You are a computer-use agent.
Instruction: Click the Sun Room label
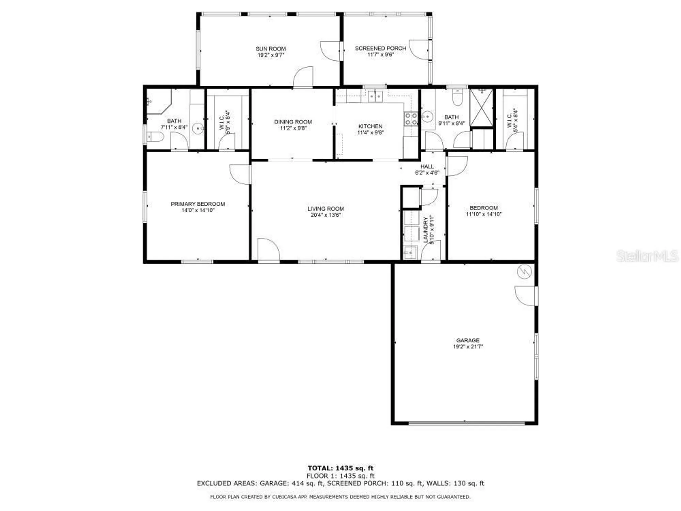point(271,49)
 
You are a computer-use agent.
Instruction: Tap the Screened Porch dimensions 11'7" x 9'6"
point(380,55)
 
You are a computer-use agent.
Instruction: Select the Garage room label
point(468,340)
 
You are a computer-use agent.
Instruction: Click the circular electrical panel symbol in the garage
point(524,272)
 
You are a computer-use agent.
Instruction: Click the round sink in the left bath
point(198,128)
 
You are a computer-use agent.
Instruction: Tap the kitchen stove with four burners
point(411,119)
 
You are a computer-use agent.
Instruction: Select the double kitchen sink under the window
point(375,96)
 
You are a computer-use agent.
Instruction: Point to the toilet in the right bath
point(457,98)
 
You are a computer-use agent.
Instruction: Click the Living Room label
point(326,208)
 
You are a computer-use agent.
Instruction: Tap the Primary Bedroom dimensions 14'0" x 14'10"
point(197,210)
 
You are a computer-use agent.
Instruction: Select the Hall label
point(427,166)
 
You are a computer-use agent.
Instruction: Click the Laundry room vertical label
point(426,230)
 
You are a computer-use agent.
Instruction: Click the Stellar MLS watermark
point(647,256)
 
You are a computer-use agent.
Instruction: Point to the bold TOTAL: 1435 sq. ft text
point(340,468)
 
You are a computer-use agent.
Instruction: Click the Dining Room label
point(293,122)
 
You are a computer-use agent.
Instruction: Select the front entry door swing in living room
point(269,250)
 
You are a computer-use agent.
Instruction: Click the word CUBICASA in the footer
point(284,497)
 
